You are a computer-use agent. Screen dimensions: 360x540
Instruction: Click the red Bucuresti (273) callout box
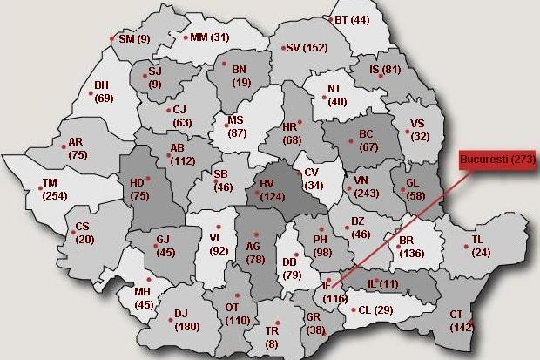click(497, 160)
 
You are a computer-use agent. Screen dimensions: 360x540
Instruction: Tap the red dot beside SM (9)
click(112, 37)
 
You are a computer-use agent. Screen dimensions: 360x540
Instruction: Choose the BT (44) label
click(352, 20)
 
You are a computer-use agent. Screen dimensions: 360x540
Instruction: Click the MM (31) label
click(209, 37)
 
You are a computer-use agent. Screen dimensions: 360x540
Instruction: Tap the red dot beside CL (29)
click(354, 309)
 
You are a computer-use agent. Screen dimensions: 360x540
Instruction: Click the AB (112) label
click(181, 154)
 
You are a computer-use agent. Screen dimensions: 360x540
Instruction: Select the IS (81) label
click(384, 70)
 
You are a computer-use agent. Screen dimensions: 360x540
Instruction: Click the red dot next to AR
click(64, 146)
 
